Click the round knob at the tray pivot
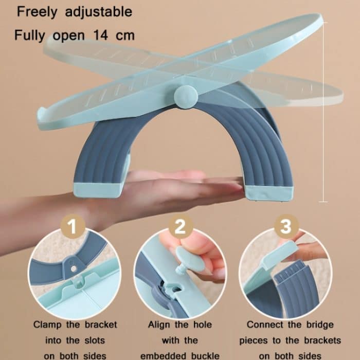click(186, 97)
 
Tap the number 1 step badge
click(73, 226)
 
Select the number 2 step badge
click(181, 226)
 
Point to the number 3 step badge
click(286, 226)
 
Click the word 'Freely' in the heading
click(37, 12)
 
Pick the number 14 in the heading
click(101, 35)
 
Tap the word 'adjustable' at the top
click(99, 12)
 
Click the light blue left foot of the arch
click(98, 190)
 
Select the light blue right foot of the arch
click(268, 193)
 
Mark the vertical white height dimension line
click(323, 112)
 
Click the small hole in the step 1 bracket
click(74, 268)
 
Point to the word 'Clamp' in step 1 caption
click(47, 325)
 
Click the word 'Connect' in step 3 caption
click(265, 325)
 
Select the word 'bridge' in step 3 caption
click(320, 325)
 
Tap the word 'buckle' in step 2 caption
click(205, 356)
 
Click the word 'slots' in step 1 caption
click(95, 340)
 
